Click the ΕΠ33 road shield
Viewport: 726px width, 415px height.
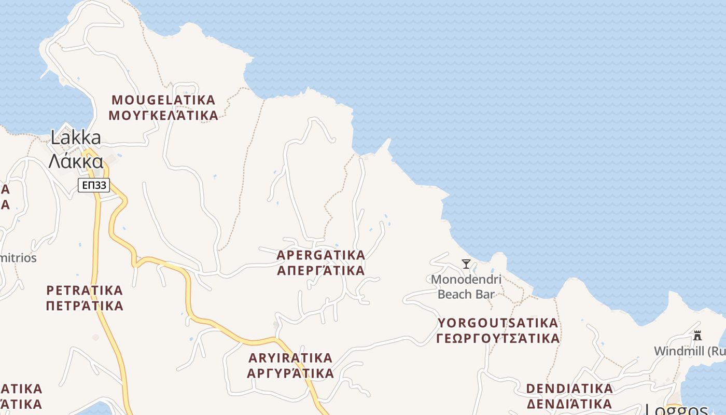94,185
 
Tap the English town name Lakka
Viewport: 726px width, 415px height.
76,137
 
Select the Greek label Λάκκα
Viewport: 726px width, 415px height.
76,161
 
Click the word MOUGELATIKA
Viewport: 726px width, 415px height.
163,100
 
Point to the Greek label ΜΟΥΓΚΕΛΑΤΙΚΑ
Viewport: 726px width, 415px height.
163,115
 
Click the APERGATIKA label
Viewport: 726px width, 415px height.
321,255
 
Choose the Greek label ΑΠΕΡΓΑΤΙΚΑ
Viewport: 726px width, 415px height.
321,271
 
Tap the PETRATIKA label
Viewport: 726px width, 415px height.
85,290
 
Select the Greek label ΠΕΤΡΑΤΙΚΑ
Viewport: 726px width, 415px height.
85,306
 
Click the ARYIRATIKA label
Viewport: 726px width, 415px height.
290,358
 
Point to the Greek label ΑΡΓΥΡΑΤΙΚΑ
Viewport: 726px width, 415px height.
290,374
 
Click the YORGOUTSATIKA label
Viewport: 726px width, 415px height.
498,323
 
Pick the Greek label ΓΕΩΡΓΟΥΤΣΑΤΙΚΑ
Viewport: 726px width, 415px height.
498,339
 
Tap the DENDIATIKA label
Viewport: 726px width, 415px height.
569,389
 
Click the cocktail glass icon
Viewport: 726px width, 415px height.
466,264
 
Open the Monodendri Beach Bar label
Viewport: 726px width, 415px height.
466,287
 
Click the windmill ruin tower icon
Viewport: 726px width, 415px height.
697,336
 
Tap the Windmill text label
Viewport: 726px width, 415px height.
689,351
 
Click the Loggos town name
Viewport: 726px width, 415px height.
676,410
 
